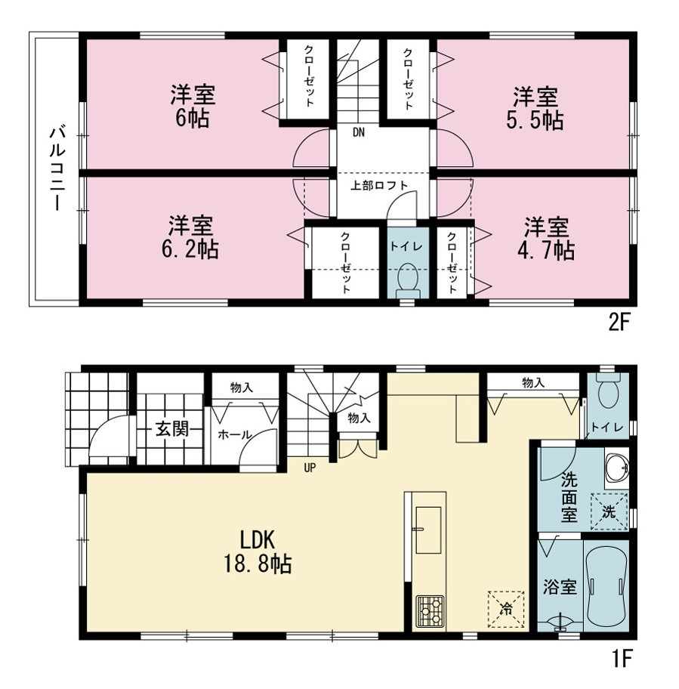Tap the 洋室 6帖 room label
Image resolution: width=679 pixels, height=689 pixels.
click(193, 107)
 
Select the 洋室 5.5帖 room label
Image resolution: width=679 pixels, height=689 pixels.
click(535, 109)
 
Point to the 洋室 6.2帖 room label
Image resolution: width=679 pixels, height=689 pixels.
click(190, 237)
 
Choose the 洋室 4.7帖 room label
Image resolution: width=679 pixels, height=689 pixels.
click(546, 239)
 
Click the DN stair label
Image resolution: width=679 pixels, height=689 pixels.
click(359, 131)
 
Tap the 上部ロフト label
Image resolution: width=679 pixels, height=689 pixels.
click(379, 185)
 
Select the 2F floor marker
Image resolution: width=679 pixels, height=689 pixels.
click(619, 323)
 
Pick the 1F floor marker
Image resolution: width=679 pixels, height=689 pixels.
click(621, 658)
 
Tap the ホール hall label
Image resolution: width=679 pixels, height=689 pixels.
click(235, 435)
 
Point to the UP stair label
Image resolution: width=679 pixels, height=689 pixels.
click(310, 468)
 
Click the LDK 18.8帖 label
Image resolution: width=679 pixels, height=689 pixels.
click(258, 552)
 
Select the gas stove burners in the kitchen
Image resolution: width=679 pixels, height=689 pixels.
click(430, 611)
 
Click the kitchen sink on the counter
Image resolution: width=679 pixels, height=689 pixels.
click(428, 530)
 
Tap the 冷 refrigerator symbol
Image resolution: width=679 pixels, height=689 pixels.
click(506, 609)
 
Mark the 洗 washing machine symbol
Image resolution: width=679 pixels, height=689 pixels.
click(608, 512)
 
